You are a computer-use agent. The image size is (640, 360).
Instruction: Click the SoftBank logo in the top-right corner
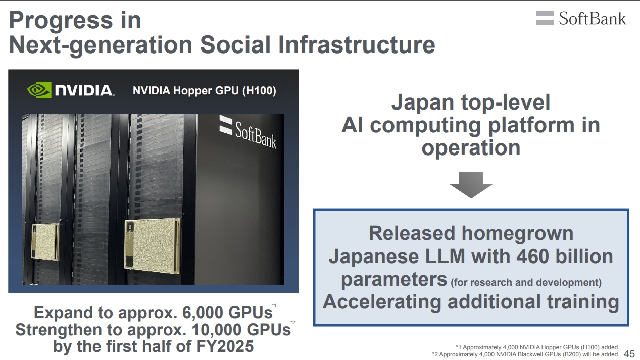point(581,18)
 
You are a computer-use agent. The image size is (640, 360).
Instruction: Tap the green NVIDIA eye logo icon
point(39,90)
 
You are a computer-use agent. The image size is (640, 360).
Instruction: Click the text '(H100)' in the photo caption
point(259,91)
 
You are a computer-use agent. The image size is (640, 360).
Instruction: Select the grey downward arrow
point(471,185)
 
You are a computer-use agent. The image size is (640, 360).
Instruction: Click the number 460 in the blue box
point(532,256)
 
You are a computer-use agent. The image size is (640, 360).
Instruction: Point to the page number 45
point(629,354)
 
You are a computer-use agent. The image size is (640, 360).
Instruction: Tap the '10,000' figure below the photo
point(217,329)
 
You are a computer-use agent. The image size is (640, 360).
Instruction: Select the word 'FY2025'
point(225,346)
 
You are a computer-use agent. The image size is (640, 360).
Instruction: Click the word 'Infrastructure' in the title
point(357,44)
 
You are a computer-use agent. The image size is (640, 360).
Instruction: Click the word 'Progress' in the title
point(61,21)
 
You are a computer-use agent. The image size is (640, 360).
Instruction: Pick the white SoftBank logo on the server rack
point(248,132)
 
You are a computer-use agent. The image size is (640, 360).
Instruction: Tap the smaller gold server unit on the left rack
point(45,241)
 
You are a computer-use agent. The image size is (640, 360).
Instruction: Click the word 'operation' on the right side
point(471,148)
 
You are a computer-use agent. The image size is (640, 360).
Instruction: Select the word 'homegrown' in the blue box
point(517,234)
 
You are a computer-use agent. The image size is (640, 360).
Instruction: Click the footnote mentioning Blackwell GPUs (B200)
point(525,354)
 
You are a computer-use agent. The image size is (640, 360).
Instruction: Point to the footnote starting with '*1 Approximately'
point(536,347)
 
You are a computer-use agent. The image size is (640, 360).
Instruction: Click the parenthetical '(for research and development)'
point(526,282)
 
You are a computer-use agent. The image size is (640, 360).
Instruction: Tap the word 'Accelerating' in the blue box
point(382,302)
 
